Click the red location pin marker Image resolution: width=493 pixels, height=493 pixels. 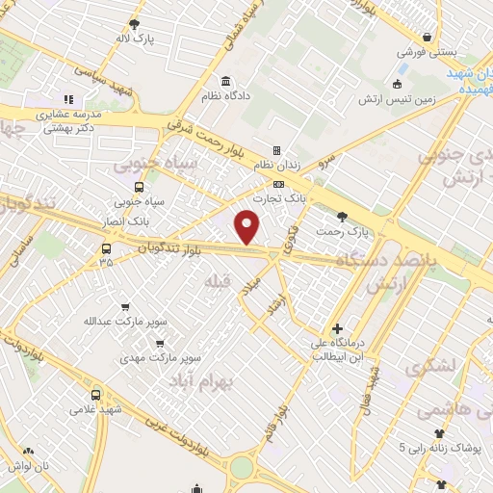click(248, 227)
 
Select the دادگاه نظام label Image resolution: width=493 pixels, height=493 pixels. click(225, 98)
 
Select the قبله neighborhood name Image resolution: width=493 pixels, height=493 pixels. click(215, 280)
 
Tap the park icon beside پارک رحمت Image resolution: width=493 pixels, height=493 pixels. click(342, 216)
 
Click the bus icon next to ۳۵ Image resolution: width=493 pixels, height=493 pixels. click(105, 246)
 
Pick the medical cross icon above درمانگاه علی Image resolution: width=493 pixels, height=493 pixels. click(336, 328)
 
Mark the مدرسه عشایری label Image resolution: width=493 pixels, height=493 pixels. click(68, 114)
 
